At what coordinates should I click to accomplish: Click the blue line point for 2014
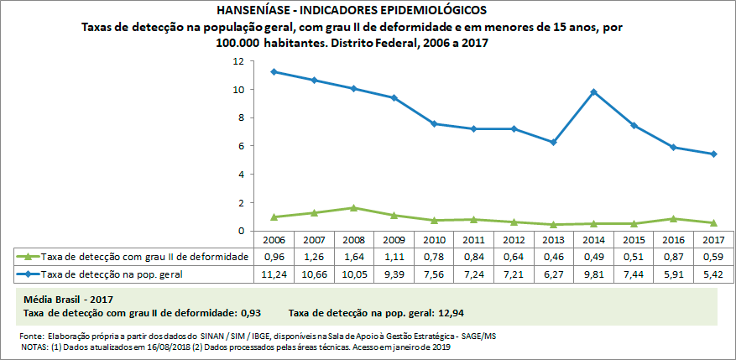593,92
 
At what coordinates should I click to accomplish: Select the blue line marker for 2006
274,72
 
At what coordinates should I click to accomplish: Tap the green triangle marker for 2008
354,208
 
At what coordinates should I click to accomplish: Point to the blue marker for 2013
553,142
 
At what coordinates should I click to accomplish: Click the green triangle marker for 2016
673,219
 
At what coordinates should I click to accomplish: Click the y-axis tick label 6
241,146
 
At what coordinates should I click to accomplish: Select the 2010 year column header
434,239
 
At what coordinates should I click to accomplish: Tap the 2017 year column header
713,239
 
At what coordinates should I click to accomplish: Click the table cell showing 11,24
274,274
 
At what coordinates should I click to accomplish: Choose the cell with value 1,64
354,257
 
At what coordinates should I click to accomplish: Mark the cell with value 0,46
553,257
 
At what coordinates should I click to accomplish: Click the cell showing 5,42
713,274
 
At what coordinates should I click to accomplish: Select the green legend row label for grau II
144,257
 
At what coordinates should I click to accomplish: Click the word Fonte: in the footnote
31,336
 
